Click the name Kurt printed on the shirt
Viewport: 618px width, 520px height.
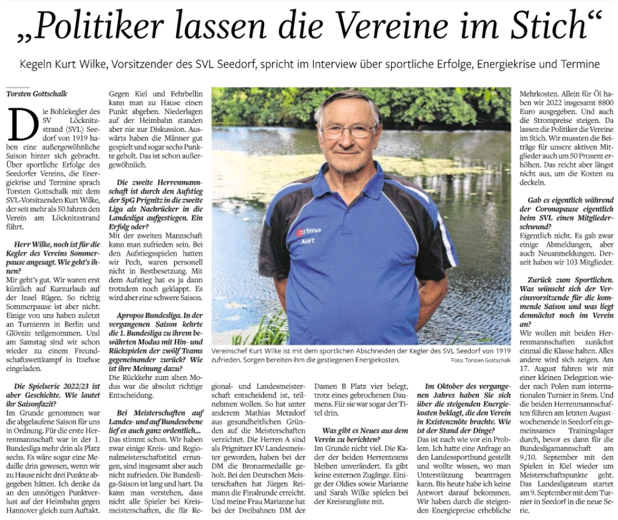pos(307,241)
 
